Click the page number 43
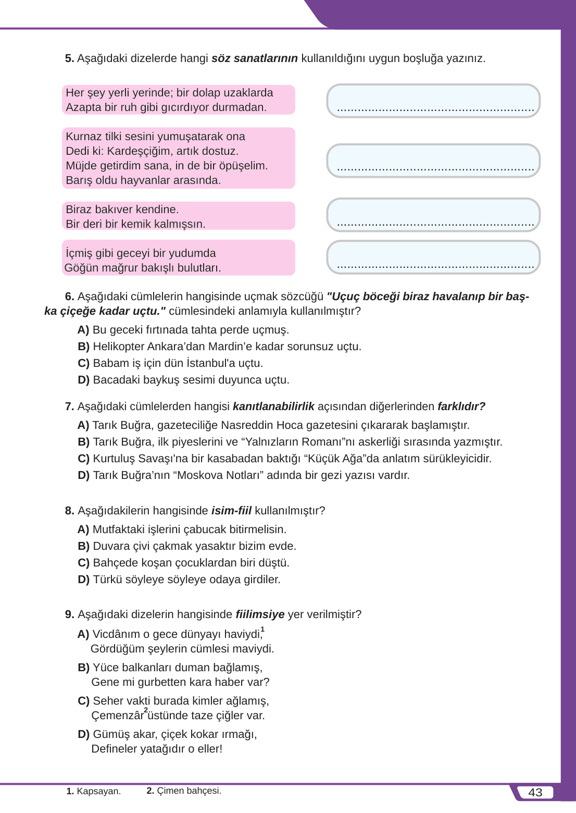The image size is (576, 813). click(535, 792)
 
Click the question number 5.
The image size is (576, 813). click(69, 58)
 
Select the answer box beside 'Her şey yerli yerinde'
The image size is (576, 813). click(433, 101)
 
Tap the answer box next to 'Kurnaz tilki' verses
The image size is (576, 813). click(433, 161)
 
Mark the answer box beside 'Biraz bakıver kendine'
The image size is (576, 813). click(433, 215)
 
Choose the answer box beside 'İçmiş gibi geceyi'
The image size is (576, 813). click(433, 257)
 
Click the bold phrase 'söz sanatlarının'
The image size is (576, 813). click(254, 58)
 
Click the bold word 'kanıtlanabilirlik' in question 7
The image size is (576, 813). click(273, 406)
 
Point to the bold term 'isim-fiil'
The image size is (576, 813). click(231, 511)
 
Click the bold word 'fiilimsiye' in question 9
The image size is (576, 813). click(260, 614)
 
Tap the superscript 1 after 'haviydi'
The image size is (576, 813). click(262, 630)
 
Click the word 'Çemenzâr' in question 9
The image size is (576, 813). click(117, 716)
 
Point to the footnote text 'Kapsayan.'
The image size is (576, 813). click(98, 791)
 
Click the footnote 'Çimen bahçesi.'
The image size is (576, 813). click(189, 791)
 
